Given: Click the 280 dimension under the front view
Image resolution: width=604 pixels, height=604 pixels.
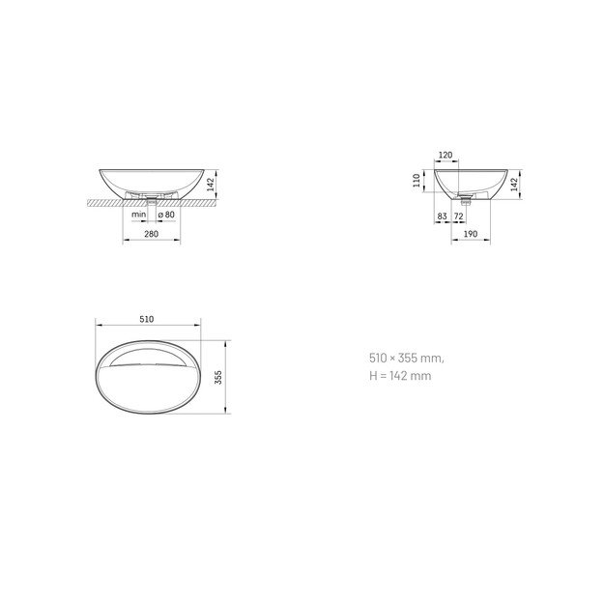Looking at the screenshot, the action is pos(152,234).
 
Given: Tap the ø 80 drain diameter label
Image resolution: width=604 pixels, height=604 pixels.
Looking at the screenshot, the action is pos(166,215).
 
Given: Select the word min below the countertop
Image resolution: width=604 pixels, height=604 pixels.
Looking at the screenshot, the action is pos(138,215).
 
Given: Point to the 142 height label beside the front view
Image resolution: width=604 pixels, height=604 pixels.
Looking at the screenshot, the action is pos(211,185).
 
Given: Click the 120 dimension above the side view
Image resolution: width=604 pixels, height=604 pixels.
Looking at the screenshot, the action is pos(446,155).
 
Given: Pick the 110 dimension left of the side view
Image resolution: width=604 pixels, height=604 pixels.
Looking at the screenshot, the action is pos(417,181).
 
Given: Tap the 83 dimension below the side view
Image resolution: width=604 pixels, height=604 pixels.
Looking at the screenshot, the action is pos(443,216).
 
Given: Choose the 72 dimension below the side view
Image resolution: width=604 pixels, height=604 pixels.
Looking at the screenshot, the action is pos(458,216).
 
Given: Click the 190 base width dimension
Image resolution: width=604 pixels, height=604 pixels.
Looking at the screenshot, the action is pos(471,234).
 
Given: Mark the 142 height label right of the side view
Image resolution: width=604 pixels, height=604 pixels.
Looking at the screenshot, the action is pos(514,185).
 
